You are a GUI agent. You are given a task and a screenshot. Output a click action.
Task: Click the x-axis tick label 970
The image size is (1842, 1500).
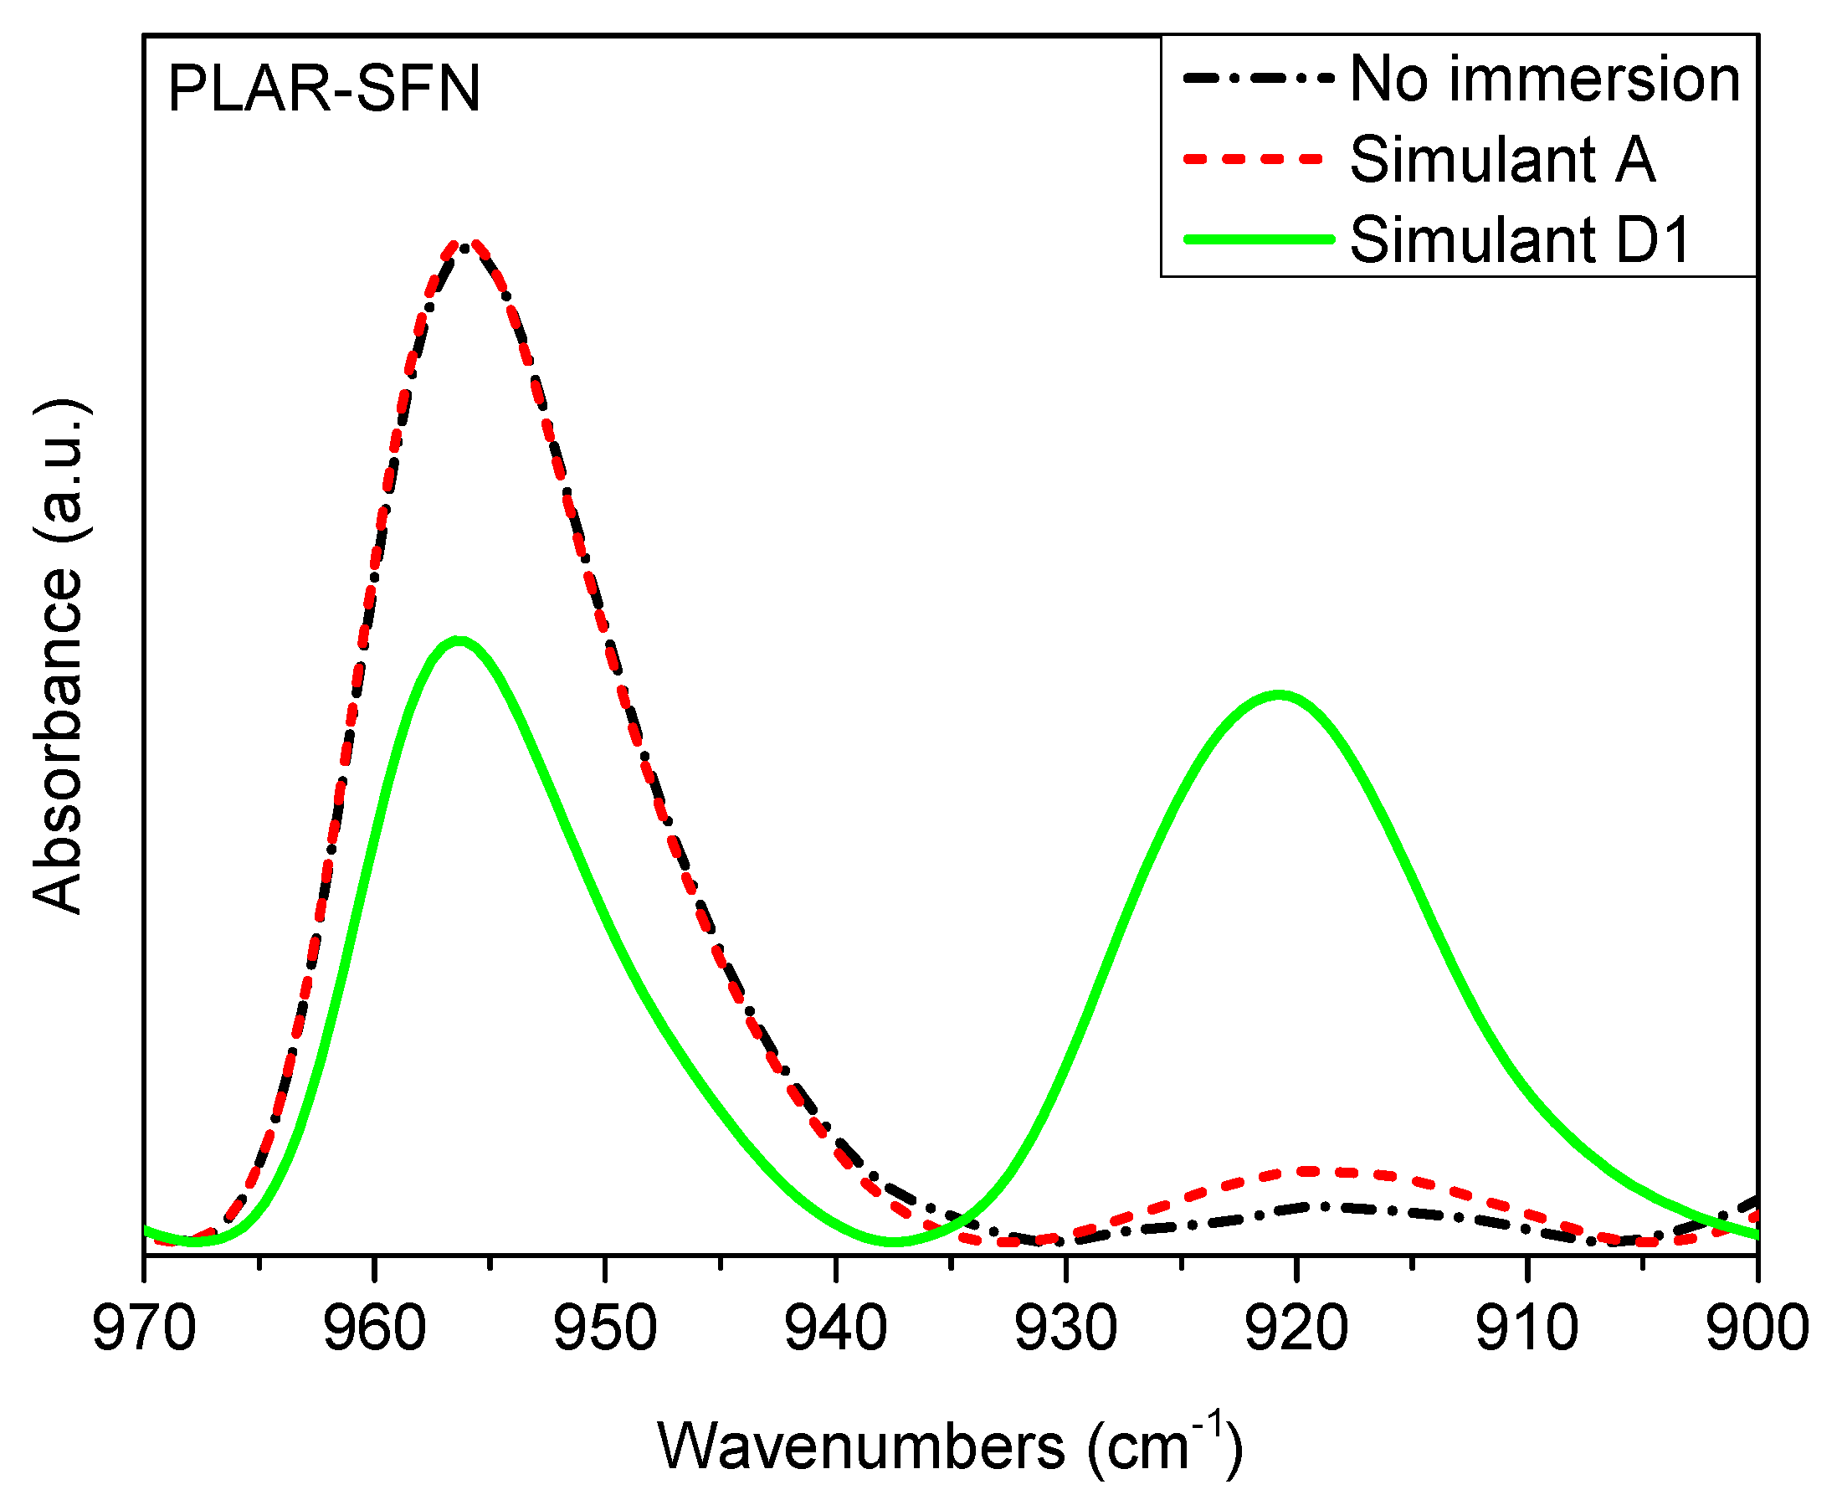pyautogui.click(x=144, y=1329)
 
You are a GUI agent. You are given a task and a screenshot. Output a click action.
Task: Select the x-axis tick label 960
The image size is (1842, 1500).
pyautogui.click(x=374, y=1329)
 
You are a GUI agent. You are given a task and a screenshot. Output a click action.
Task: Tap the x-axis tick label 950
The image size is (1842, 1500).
pyautogui.click(x=605, y=1329)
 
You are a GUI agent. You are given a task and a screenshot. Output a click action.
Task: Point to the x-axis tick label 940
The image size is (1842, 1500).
pyautogui.click(x=835, y=1329)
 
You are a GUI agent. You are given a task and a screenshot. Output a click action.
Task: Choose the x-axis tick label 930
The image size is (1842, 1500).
pyautogui.click(x=1066, y=1329)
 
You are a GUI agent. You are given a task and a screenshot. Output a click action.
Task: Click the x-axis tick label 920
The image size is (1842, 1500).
pyautogui.click(x=1296, y=1329)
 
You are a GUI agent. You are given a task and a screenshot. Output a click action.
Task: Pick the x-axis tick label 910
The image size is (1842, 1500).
pyautogui.click(x=1526, y=1329)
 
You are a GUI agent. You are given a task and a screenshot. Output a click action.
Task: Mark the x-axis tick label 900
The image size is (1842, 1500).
pyautogui.click(x=1757, y=1329)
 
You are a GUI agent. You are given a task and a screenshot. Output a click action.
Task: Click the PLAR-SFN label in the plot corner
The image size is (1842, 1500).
pyautogui.click(x=323, y=89)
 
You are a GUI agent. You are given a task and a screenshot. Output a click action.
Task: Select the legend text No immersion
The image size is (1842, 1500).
pyautogui.click(x=1545, y=80)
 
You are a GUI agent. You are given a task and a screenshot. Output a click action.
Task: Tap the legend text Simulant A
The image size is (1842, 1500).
pyautogui.click(x=1502, y=160)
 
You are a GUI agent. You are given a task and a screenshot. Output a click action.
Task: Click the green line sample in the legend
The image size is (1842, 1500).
pyautogui.click(x=1258, y=239)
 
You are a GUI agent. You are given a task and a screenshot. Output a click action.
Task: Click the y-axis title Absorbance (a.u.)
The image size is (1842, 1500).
pyautogui.click(x=59, y=657)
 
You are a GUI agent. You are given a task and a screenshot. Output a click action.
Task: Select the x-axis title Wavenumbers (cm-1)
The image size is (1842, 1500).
pyautogui.click(x=951, y=1446)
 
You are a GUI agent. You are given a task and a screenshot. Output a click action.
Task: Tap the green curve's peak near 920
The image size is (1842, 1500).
pyautogui.click(x=1280, y=694)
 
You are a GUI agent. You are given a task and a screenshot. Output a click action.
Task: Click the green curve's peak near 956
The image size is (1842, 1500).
pyautogui.click(x=459, y=640)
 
